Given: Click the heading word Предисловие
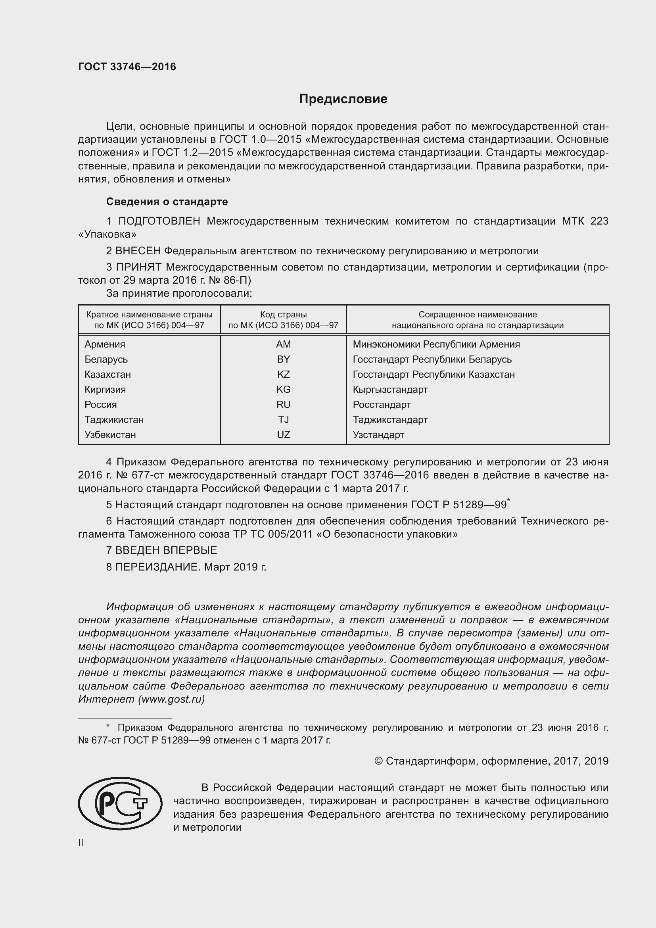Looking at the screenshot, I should click(x=343, y=99).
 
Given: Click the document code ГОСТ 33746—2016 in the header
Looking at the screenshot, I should click(x=127, y=67).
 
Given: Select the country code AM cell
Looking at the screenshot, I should click(x=283, y=344).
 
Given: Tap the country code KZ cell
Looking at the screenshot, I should click(x=283, y=374).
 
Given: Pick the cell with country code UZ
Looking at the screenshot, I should click(x=283, y=434).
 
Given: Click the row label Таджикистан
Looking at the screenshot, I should click(x=114, y=419).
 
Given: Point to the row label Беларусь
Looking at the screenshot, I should click(x=106, y=359).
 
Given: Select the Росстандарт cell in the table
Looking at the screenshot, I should click(x=381, y=405).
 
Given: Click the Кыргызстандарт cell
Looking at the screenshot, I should click(x=390, y=390).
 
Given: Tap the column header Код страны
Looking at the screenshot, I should click(x=283, y=315).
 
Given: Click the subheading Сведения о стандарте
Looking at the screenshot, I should click(x=167, y=201).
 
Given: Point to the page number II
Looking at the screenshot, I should click(x=81, y=843).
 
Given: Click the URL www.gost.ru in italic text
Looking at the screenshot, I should click(x=171, y=699).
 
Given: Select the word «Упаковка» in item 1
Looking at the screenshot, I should click(x=107, y=234).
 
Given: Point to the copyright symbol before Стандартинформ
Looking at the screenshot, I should click(x=378, y=761).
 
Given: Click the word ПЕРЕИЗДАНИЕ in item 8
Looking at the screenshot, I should click(x=157, y=567).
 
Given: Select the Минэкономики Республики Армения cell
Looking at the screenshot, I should click(x=436, y=344).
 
